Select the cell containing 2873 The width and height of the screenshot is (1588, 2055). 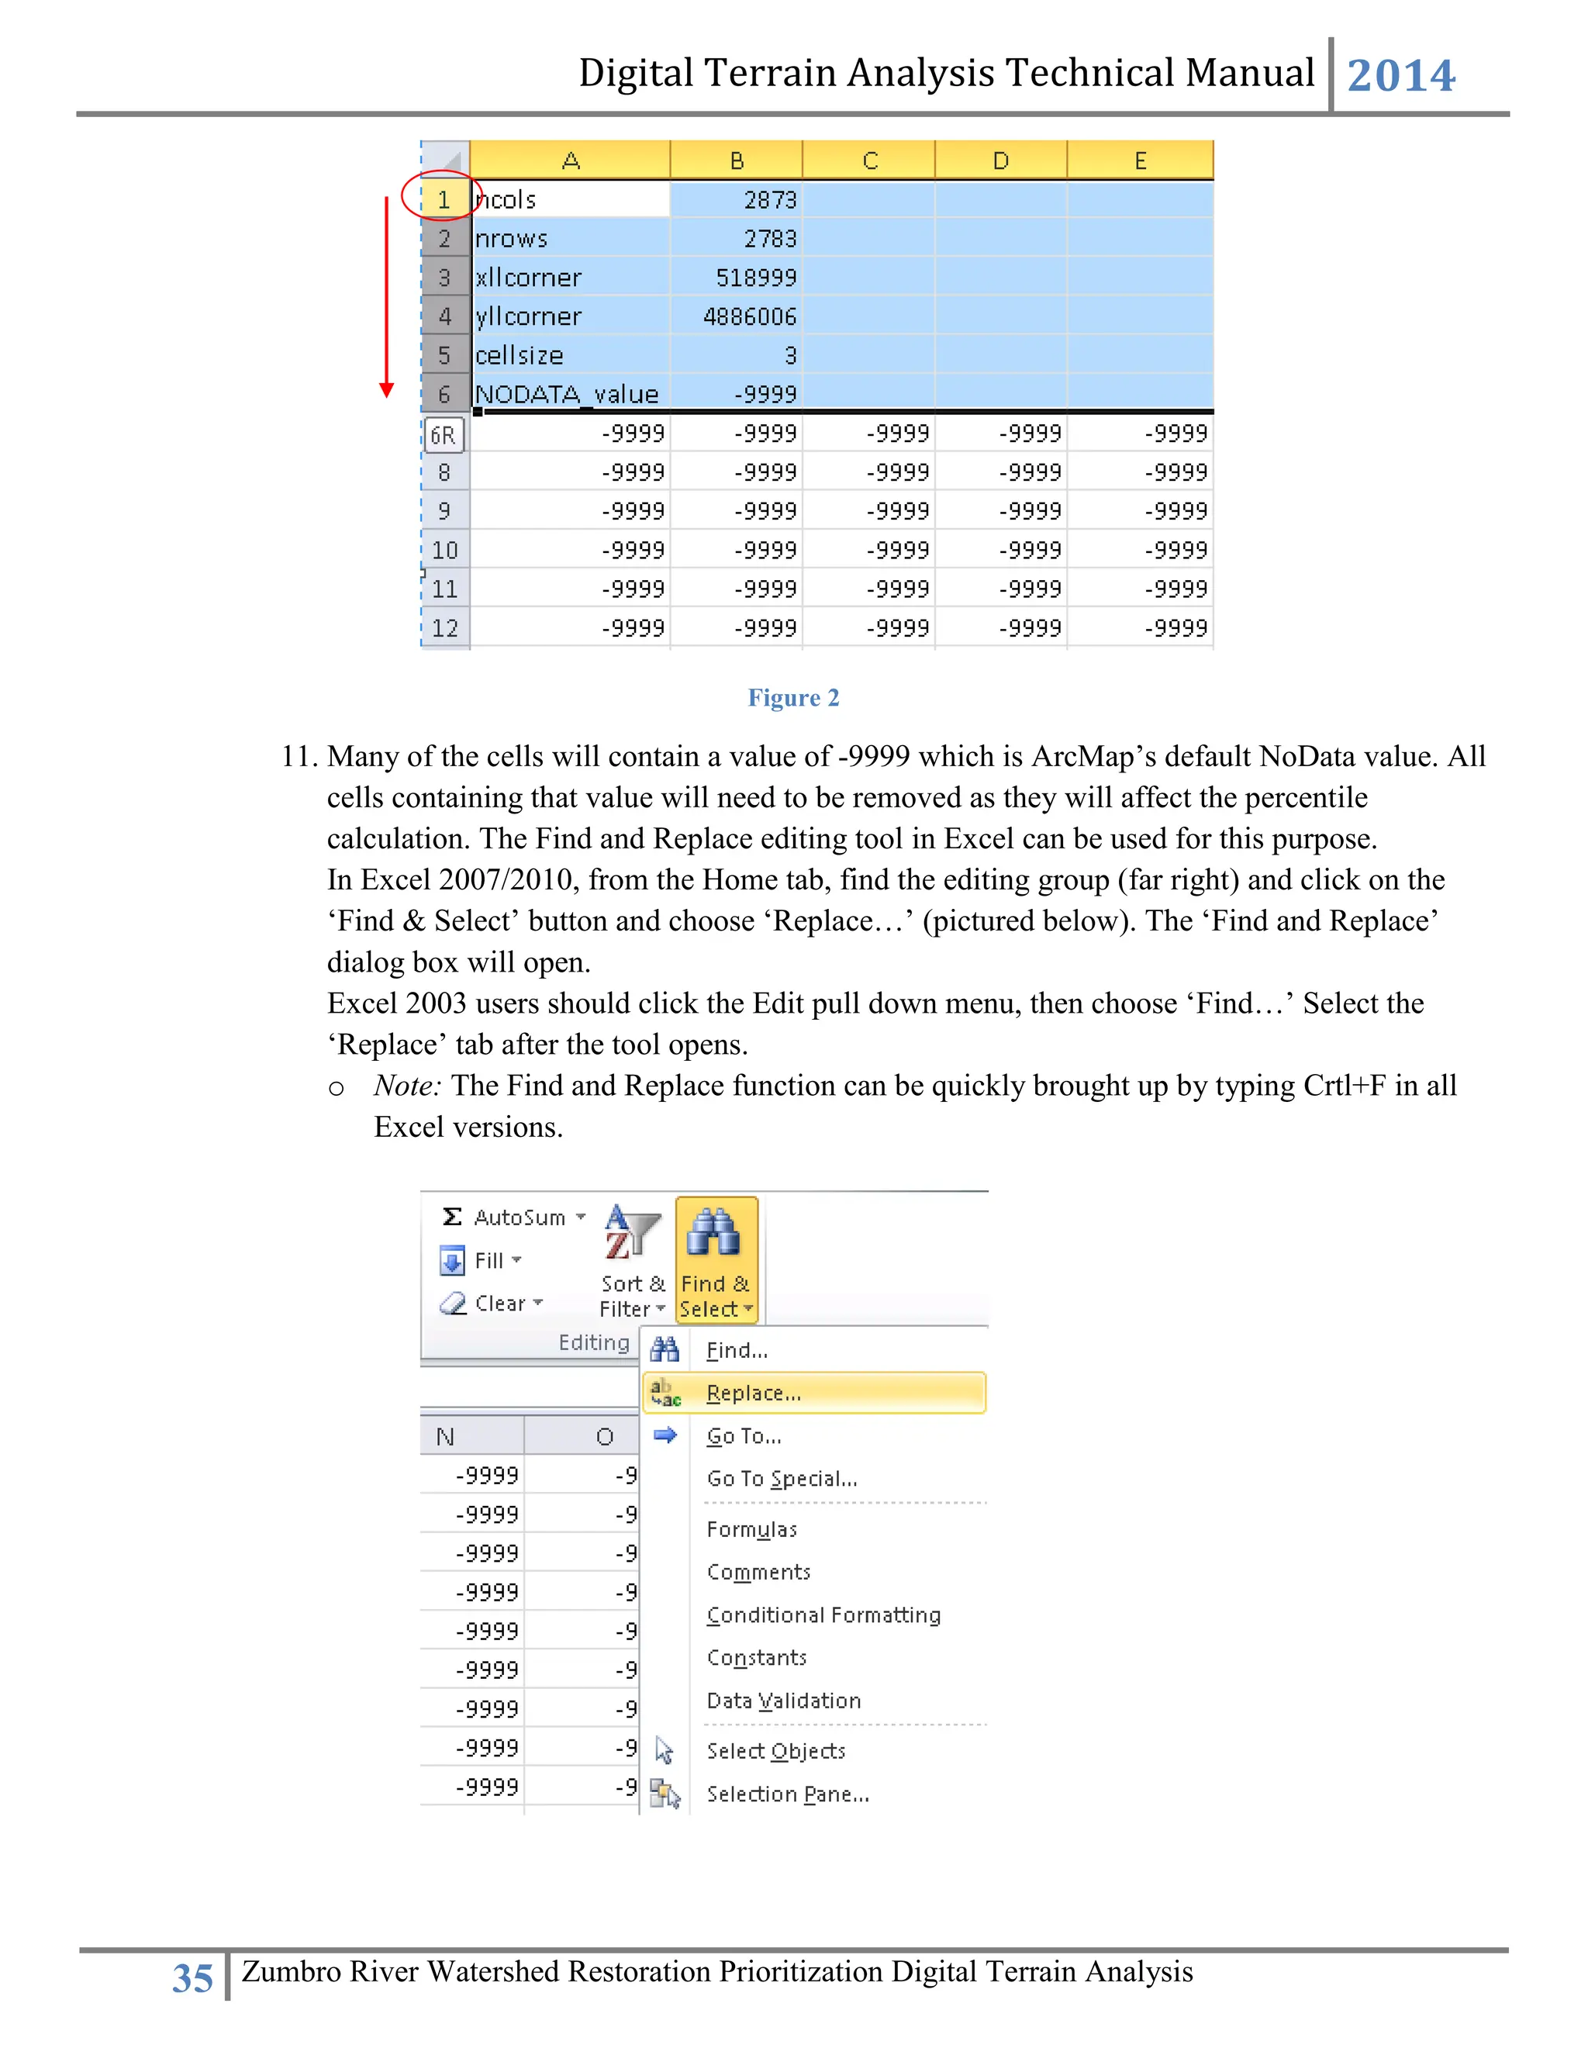pyautogui.click(x=736, y=199)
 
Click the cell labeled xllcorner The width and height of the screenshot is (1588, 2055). pyautogui.click(x=569, y=278)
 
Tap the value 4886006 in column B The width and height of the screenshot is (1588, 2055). pyautogui.click(x=736, y=316)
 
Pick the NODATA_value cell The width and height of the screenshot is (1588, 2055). pyautogui.click(x=569, y=393)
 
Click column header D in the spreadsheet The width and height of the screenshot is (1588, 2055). pyautogui.click(x=1000, y=161)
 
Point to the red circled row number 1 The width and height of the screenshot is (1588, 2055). pyautogui.click(x=443, y=199)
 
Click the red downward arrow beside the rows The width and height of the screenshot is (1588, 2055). pyautogui.click(x=385, y=296)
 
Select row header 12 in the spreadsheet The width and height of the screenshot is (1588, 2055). pyautogui.click(x=445, y=627)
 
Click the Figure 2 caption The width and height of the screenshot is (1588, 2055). pyautogui.click(x=793, y=697)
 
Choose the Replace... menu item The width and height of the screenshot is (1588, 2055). pyautogui.click(x=753, y=1393)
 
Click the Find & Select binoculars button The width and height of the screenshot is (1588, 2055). pyautogui.click(x=715, y=1259)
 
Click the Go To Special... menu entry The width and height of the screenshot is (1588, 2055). pyautogui.click(x=781, y=1478)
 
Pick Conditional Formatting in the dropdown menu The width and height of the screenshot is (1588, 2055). pyautogui.click(x=823, y=1615)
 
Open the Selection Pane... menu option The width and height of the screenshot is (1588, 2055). pyautogui.click(x=788, y=1794)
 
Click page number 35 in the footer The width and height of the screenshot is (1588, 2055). pyautogui.click(x=193, y=1978)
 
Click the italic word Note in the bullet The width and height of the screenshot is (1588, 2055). pyautogui.click(x=406, y=1086)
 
